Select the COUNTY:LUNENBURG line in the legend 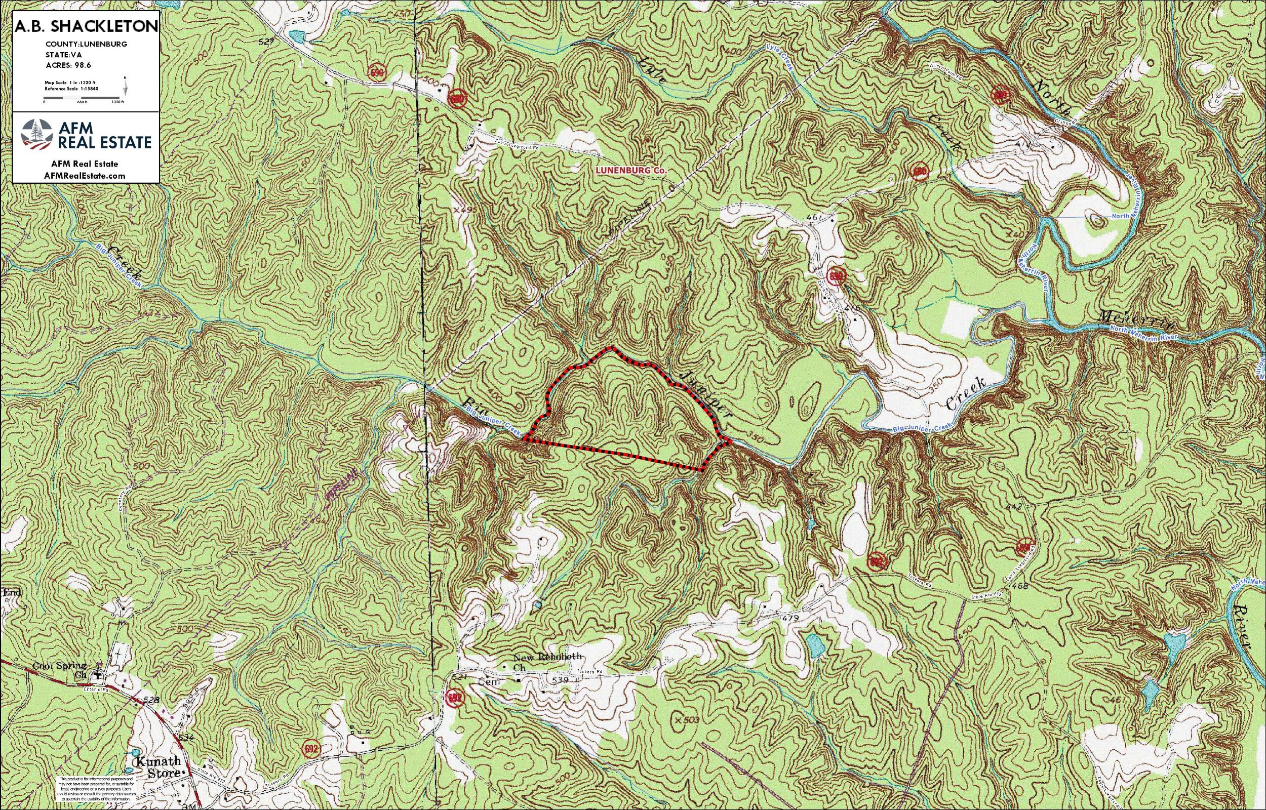pyautogui.click(x=86, y=45)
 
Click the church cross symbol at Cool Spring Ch pyautogui.click(x=98, y=675)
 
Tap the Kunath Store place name pyautogui.click(x=159, y=767)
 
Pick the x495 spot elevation pyautogui.click(x=461, y=210)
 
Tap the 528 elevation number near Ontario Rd pyautogui.click(x=151, y=700)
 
